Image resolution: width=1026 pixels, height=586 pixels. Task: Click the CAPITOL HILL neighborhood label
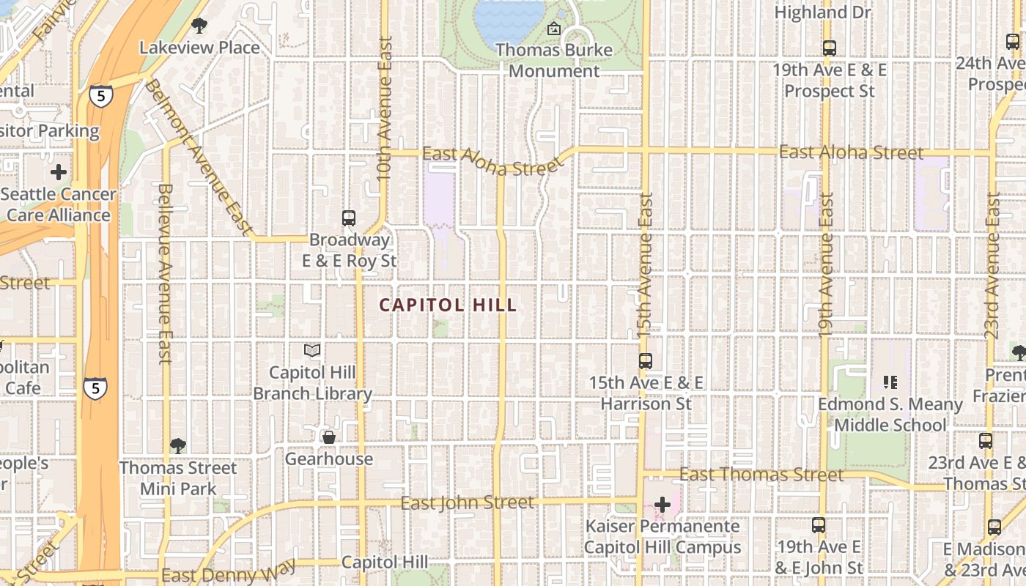448,305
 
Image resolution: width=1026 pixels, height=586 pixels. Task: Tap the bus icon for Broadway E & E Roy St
349,218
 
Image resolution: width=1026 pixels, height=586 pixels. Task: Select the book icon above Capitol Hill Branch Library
312,351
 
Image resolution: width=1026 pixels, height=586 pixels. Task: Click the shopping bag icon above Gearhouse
329,437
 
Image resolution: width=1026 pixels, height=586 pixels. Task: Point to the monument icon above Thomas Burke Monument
554,29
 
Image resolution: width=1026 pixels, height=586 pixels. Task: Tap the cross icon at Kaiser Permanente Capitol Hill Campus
663,504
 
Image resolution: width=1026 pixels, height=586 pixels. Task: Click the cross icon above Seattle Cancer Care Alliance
58,173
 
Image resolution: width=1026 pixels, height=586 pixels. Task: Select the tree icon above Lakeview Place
199,26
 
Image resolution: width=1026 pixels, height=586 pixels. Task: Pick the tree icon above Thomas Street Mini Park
177,445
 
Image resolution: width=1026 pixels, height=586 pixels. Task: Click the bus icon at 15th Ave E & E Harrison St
646,360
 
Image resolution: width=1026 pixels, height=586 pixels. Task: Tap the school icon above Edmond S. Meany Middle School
890,382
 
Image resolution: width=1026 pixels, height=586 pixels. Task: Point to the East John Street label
468,503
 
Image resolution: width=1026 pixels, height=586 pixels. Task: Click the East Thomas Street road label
761,475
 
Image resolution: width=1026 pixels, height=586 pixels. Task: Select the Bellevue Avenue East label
164,273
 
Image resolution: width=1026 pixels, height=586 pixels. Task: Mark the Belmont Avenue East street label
197,157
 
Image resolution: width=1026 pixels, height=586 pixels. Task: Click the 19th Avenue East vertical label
826,264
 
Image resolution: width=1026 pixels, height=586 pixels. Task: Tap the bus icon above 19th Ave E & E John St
819,525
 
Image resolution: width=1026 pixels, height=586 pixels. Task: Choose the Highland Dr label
822,12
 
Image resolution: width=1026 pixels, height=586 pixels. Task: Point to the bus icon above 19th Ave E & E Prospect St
830,48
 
